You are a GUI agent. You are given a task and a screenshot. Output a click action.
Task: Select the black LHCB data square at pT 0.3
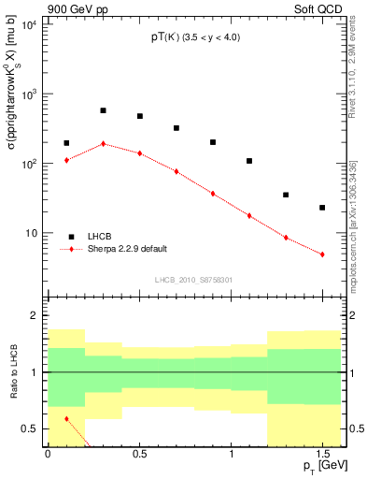point(103,110)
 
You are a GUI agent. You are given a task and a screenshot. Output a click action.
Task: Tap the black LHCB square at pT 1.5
point(322,208)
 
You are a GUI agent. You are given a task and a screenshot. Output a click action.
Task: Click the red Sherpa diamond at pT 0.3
point(103,144)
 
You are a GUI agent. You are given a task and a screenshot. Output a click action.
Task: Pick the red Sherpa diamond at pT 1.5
point(322,254)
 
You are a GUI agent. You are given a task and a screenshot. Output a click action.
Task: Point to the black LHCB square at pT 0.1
point(66,143)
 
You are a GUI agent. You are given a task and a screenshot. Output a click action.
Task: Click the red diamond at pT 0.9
point(213,194)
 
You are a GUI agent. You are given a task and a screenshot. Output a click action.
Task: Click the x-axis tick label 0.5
point(139,454)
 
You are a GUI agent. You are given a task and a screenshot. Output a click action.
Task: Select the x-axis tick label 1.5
point(322,454)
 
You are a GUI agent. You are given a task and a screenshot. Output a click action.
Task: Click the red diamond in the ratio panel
point(66,418)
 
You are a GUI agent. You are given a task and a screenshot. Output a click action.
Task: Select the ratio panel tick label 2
point(35,316)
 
